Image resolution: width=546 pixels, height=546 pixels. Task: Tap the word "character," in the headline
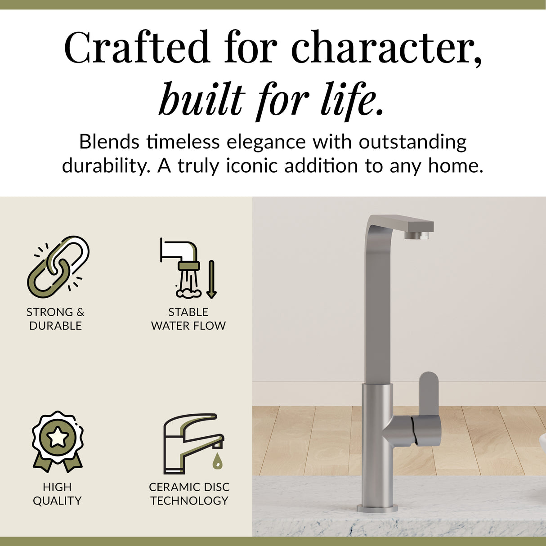coord(387,47)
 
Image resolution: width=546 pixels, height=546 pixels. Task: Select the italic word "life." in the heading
coord(353,99)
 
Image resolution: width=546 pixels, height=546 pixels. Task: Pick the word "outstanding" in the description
coord(412,142)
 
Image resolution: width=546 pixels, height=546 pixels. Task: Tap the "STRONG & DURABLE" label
coord(55,319)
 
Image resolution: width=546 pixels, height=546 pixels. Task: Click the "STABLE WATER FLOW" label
coord(188,319)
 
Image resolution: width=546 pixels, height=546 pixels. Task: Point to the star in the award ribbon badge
coord(58,437)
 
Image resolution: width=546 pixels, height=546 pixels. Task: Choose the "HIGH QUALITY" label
coord(57,494)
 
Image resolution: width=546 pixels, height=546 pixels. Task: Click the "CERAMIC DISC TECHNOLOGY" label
coord(189,494)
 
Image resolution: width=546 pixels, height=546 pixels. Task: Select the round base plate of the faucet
coord(377,509)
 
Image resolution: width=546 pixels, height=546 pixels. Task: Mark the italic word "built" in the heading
coord(202,99)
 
